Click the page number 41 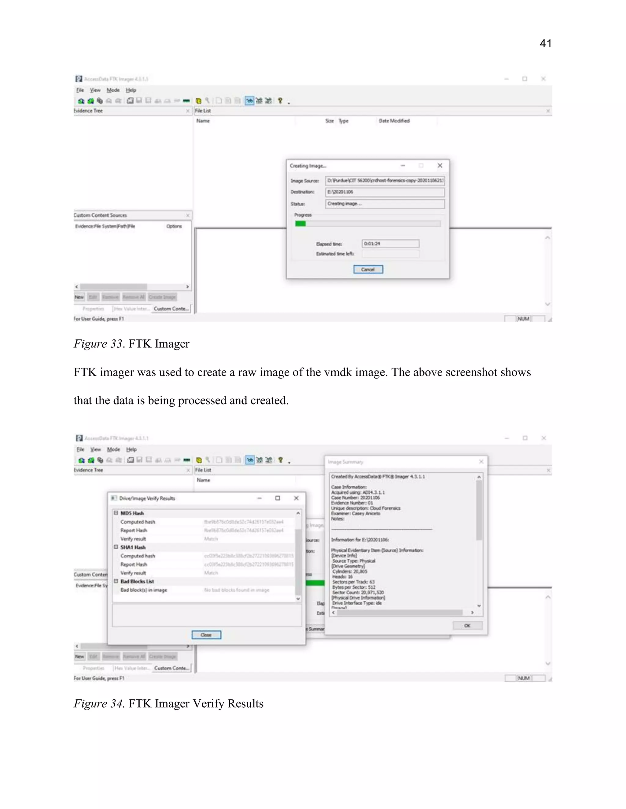[545, 44]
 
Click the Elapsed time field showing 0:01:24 [390, 243]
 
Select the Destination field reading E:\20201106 [385, 192]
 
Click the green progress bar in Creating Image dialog [300, 223]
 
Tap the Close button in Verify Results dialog [206, 635]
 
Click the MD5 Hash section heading [132, 513]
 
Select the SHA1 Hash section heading [133, 547]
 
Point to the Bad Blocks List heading [137, 581]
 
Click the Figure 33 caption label [98, 344]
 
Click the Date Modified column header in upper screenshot [394, 121]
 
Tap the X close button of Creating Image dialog [440, 165]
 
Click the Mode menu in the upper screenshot [113, 90]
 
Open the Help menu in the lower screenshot [131, 449]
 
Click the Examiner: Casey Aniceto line [355, 513]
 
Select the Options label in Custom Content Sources [174, 226]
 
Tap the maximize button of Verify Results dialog [278, 498]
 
